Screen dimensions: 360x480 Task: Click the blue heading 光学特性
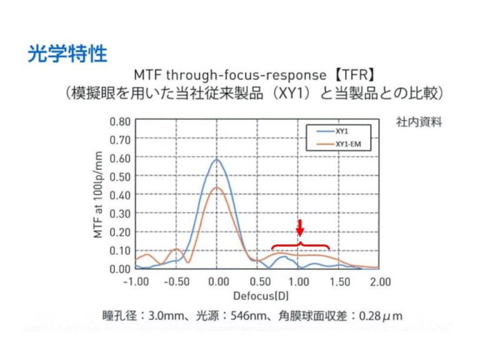tap(67, 54)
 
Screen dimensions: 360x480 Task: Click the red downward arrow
tap(300, 226)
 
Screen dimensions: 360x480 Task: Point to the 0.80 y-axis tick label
tap(119, 121)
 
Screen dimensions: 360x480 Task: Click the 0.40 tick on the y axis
tap(119, 195)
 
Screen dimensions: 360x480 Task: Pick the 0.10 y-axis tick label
tap(119, 251)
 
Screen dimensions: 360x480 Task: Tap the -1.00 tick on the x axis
tap(136, 281)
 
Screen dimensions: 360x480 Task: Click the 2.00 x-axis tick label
tap(380, 281)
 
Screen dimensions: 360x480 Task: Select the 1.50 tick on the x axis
tap(339, 281)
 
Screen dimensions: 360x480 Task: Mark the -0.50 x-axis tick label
tap(177, 281)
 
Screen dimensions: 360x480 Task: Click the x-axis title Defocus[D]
tap(258, 294)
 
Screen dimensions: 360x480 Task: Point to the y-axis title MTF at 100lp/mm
tap(97, 195)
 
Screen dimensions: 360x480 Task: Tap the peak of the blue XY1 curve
tap(217, 159)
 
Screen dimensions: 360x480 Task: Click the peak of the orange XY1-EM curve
tap(217, 187)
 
